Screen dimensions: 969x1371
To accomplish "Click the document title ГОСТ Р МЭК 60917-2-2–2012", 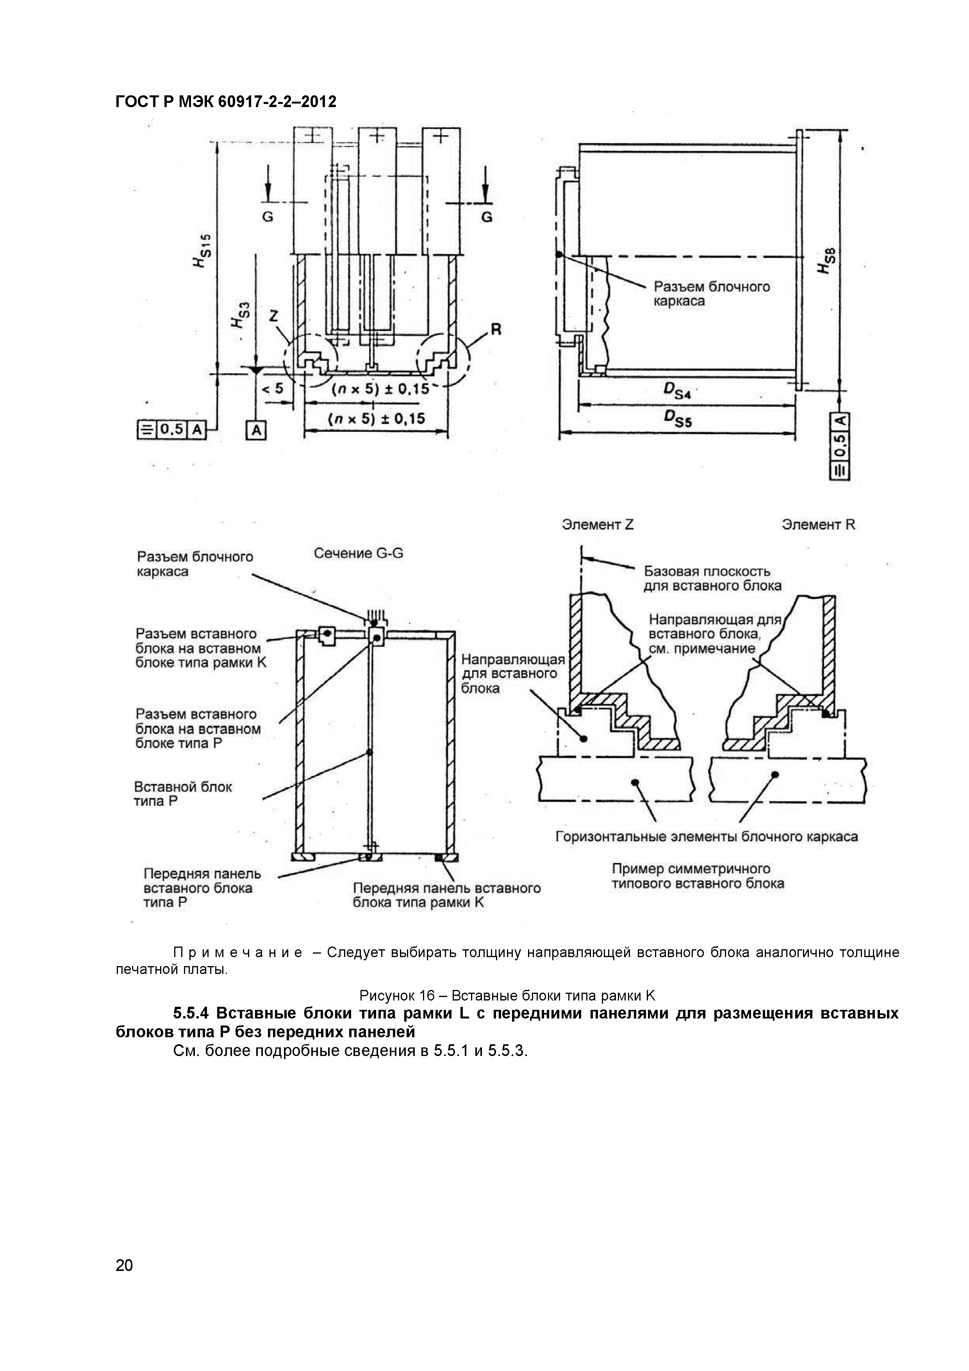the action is pos(225,102).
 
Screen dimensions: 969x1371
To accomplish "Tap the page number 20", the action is pos(124,1265).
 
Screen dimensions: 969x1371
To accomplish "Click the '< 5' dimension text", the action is pos(273,389).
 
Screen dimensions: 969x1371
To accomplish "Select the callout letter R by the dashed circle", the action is pos(496,329).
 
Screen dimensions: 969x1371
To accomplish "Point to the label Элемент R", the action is pos(818,525).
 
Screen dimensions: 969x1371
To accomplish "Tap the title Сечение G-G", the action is pos(359,553).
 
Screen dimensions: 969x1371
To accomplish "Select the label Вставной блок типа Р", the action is pos(182,794).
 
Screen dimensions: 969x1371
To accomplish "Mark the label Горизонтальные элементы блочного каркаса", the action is pos(707,837).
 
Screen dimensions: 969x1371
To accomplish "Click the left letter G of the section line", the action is pos(268,217).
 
